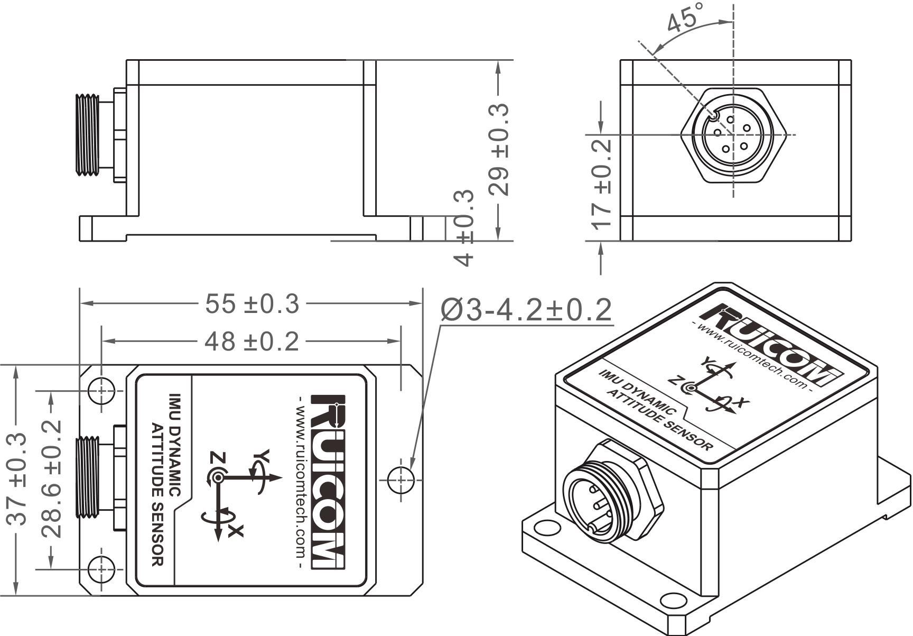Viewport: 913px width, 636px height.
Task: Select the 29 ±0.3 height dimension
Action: click(499, 149)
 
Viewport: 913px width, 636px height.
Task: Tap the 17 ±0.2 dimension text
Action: click(602, 184)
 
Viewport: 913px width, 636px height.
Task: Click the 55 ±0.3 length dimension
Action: click(252, 304)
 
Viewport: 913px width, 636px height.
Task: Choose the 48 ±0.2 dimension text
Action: click(252, 342)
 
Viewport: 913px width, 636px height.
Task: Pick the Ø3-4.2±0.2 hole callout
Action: click(526, 310)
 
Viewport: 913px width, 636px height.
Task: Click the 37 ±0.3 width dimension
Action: click(16, 479)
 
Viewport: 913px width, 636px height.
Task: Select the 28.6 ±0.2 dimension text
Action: click(52, 478)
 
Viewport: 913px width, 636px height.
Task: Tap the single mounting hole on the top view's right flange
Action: click(400, 480)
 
